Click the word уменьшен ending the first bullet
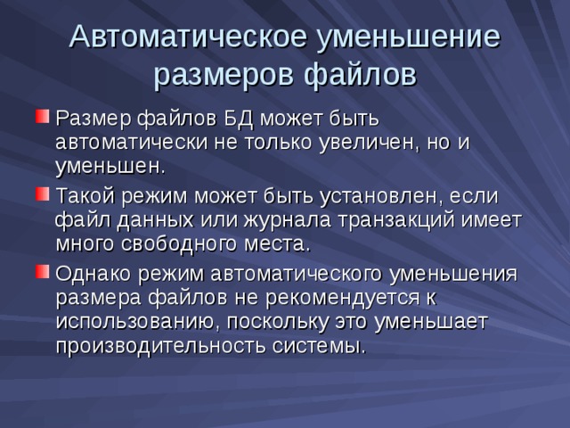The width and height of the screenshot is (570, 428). (110, 166)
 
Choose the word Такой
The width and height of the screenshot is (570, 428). (85, 195)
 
